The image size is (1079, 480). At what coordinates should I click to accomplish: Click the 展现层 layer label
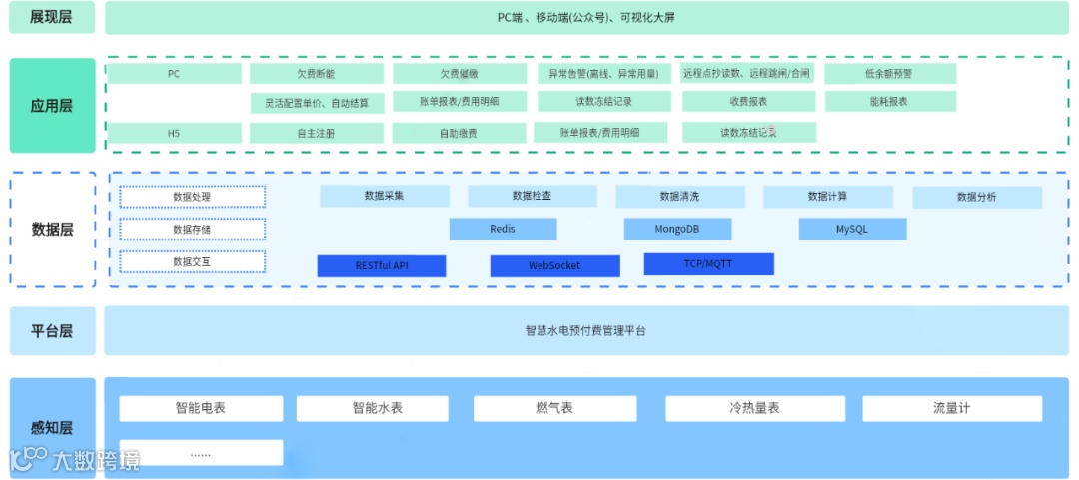click(x=52, y=17)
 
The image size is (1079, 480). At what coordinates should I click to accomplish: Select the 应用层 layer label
click(x=52, y=106)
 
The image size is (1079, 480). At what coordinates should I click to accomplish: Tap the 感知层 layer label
click(x=52, y=428)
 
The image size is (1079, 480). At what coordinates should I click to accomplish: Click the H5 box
click(x=174, y=133)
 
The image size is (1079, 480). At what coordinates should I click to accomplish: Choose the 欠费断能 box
click(x=316, y=74)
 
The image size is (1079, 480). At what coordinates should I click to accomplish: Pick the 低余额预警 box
click(x=890, y=74)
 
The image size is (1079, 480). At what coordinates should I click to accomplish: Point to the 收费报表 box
click(x=748, y=102)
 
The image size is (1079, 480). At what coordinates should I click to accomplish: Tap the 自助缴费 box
click(x=459, y=133)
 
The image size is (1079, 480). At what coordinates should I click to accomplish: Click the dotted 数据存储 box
click(x=192, y=229)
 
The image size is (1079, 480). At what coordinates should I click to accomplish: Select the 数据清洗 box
click(x=679, y=197)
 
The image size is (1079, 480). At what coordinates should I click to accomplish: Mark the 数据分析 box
click(x=976, y=197)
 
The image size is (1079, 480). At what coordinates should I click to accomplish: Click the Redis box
click(x=503, y=230)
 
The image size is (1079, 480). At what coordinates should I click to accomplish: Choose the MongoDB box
click(x=677, y=230)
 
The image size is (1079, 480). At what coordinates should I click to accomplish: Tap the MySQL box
click(x=852, y=230)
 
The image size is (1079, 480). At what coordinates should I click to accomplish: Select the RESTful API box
click(x=382, y=266)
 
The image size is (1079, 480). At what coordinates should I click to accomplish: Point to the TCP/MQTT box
click(x=708, y=264)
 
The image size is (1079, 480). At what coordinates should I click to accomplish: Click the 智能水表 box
click(x=378, y=408)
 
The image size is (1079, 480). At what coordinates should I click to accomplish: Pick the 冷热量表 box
click(x=754, y=408)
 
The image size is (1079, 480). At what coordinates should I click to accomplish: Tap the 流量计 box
click(x=951, y=408)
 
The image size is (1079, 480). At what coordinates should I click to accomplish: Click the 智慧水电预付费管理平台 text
click(x=585, y=330)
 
